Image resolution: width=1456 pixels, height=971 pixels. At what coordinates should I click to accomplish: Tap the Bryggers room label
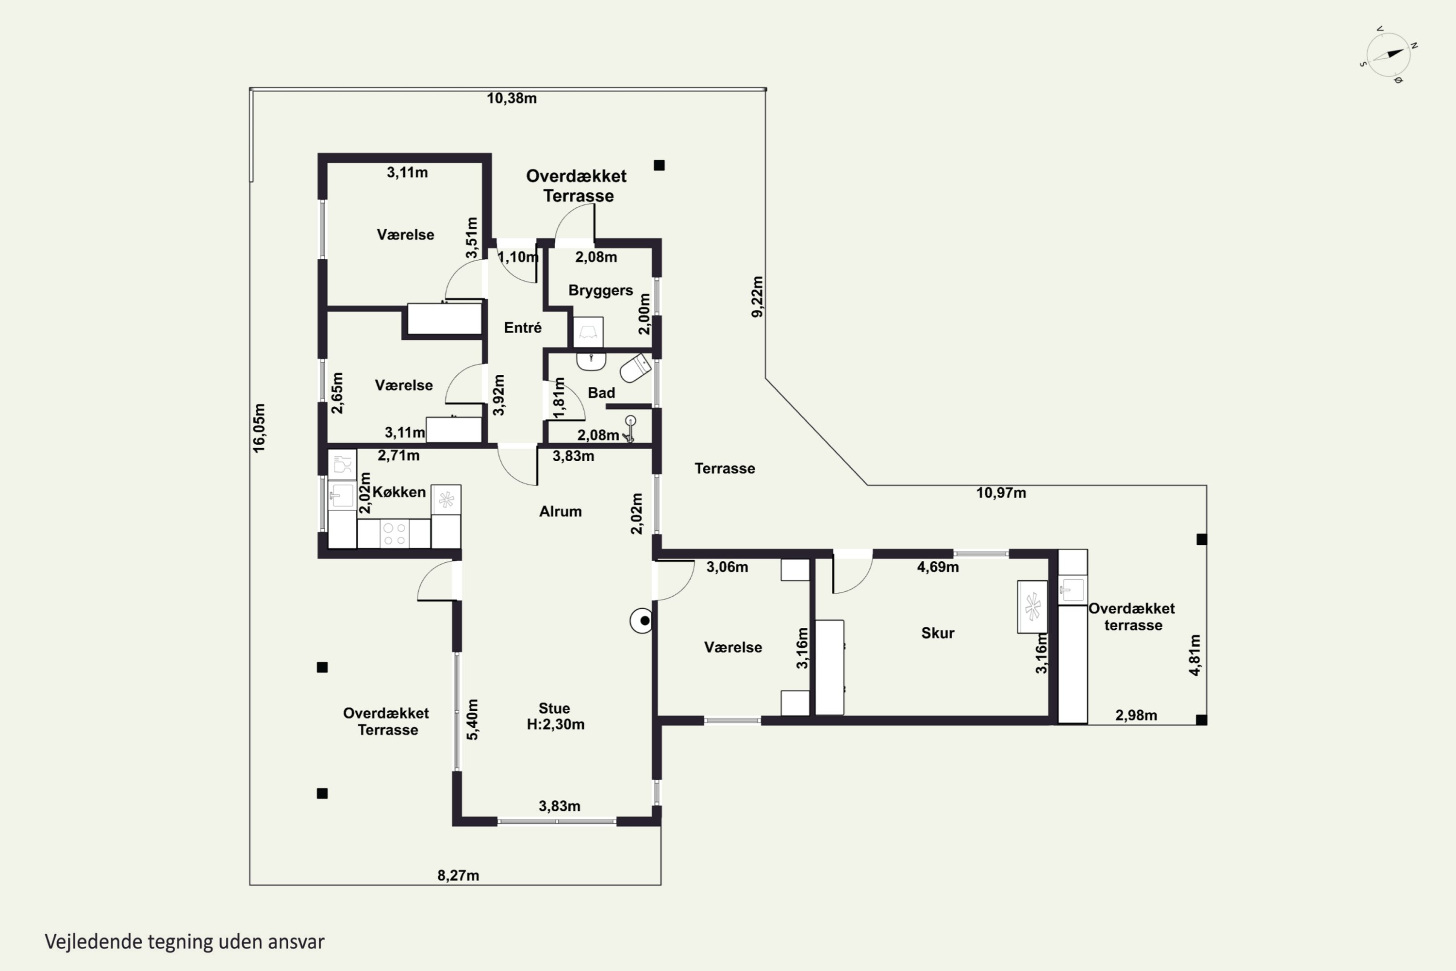pos(600,290)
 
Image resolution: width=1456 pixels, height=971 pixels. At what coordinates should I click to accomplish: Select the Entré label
pos(523,328)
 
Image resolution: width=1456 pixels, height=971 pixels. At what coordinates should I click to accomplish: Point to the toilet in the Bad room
pos(635,368)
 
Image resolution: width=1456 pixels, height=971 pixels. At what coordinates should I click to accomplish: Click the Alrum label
pos(560,512)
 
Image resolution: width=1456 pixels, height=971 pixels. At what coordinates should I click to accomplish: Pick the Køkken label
pos(399,492)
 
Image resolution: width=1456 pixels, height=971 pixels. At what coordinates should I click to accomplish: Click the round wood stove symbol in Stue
pos(642,620)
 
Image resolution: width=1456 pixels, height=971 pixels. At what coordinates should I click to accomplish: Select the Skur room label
pos(938,633)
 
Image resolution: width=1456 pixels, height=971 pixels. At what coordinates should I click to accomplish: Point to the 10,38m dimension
pos(512,99)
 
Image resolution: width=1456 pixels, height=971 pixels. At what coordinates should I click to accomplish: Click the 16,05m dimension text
pos(259,428)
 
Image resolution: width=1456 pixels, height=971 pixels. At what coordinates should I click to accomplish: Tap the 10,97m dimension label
pos(1001,493)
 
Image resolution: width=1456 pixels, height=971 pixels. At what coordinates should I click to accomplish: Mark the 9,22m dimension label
pos(757,297)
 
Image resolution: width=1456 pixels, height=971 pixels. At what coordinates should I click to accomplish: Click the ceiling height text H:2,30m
pos(555,724)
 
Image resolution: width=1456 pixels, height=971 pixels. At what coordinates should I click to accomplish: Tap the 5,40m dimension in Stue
pos(472,720)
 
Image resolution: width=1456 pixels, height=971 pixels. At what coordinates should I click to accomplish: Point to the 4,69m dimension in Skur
pos(938,567)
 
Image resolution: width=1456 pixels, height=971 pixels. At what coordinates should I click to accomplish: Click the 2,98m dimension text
pos(1136,715)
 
